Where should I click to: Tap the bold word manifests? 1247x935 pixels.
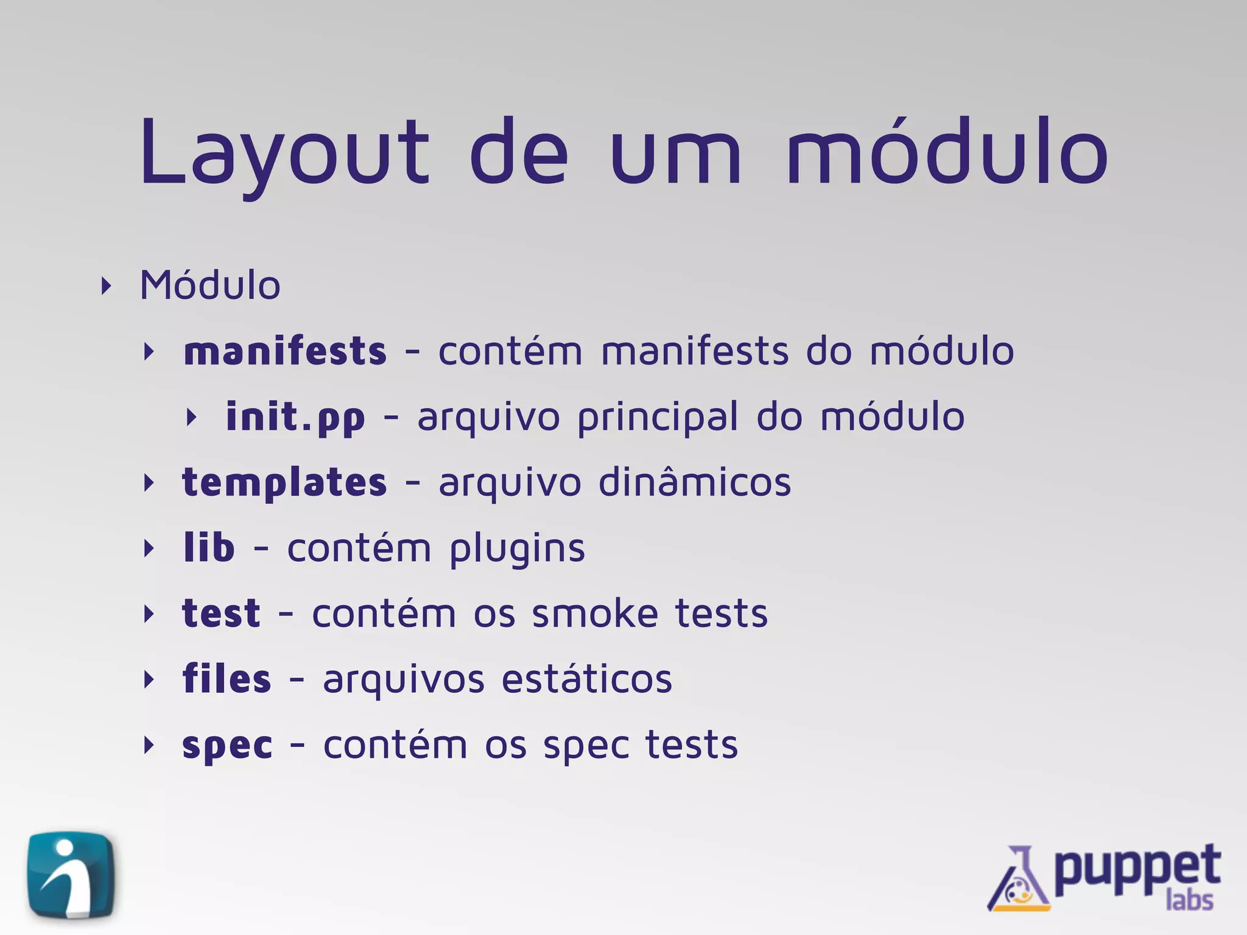coord(285,352)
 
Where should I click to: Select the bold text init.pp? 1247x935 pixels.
coord(295,418)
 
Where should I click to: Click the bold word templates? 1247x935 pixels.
coord(284,483)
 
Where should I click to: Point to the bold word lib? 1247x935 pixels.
coord(209,548)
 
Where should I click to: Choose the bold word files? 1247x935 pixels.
coord(227,679)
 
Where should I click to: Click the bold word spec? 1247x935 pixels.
coord(227,746)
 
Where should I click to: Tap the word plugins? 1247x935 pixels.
coord(517,549)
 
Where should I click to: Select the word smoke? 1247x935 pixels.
coord(595,614)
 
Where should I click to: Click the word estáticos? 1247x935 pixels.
coord(587,679)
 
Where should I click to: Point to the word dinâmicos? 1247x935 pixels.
coord(695,483)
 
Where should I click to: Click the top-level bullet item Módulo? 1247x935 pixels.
coord(210,285)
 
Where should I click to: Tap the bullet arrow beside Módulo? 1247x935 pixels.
coord(107,286)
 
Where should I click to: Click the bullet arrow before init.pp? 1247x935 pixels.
coord(191,418)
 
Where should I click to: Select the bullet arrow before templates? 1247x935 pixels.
coord(149,483)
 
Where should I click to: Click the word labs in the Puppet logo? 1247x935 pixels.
coord(1189,900)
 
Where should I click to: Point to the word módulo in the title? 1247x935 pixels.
coord(947,152)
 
